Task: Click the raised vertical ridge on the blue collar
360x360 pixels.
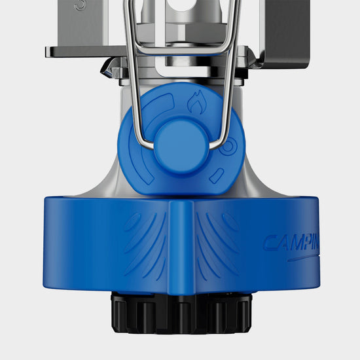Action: point(181,245)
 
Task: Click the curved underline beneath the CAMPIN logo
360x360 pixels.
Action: point(314,257)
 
